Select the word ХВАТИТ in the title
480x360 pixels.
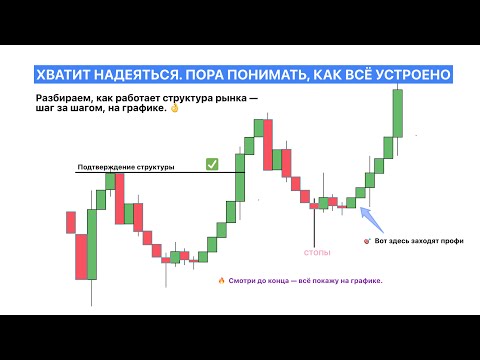(x=60, y=76)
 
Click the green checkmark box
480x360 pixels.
(x=212, y=163)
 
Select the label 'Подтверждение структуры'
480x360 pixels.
(x=125, y=166)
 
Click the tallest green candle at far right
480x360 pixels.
(x=398, y=112)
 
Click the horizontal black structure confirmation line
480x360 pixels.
(x=150, y=173)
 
